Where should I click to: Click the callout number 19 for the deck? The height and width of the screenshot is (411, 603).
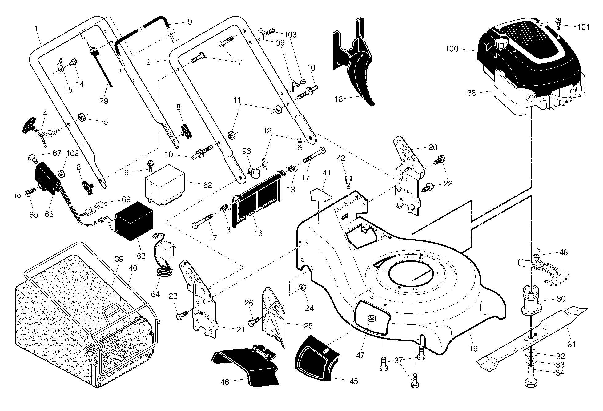coord(473,349)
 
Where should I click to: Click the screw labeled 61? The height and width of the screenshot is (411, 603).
coord(150,167)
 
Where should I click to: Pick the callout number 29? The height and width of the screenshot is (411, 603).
coord(104,101)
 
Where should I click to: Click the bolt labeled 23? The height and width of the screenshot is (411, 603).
coord(182,315)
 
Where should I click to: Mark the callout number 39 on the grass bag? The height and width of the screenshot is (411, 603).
coord(119,259)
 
